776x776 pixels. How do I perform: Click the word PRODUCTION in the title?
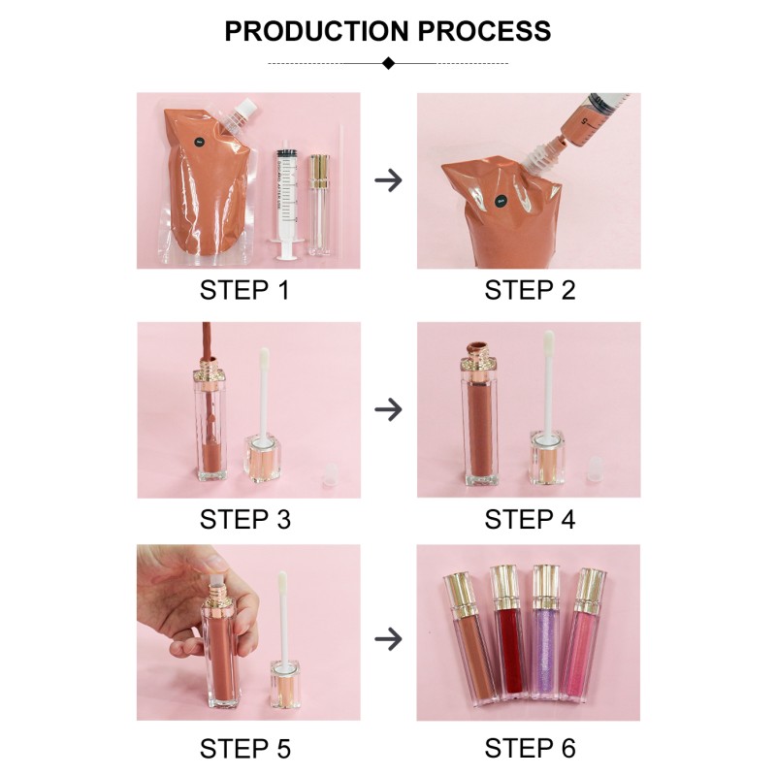pos(316,30)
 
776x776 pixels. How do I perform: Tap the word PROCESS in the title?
pos(484,30)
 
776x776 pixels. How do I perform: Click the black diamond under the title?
pos(388,63)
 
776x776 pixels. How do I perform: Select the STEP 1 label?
pos(244,289)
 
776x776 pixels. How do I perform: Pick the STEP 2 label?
pos(530,289)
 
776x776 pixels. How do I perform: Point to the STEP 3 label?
pos(244,519)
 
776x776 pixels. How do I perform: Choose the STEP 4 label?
pos(530,519)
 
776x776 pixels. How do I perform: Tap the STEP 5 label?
pos(244,748)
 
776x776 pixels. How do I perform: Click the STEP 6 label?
pos(530,748)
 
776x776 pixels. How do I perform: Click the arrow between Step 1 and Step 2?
pos(388,180)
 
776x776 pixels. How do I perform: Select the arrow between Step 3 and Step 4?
pos(388,409)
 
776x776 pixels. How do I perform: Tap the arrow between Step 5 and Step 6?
pos(388,638)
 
